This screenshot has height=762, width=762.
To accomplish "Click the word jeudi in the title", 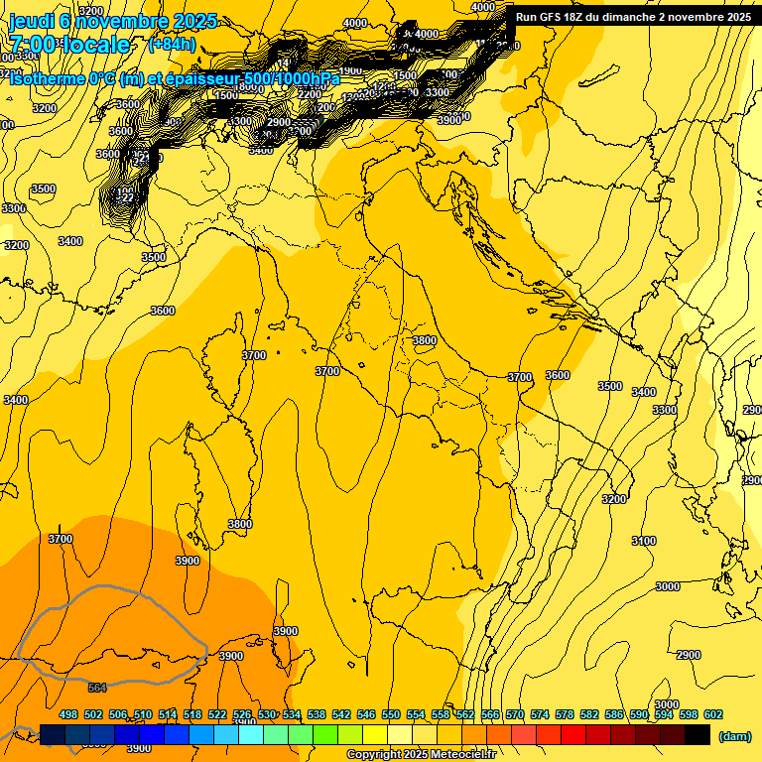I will (31, 21).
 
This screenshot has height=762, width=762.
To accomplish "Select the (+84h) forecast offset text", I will (171, 44).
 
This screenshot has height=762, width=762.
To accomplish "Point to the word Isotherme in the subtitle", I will (46, 78).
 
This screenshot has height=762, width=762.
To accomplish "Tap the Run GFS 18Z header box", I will (633, 16).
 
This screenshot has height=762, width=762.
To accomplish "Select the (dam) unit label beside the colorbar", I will (733, 735).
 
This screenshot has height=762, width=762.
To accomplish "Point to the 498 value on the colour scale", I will (68, 714).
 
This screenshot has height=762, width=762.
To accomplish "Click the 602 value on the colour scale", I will (712, 714).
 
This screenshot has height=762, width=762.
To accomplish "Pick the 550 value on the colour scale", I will (391, 714).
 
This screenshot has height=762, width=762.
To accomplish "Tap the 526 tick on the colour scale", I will (242, 714).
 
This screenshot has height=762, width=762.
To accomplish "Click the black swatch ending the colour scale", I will (698, 734).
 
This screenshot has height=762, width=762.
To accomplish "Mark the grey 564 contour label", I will (97, 688).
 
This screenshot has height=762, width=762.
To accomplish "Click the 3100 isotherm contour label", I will (644, 541).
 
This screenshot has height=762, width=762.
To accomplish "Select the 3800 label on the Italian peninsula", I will (424, 340).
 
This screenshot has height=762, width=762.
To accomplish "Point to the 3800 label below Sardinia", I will (240, 524).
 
